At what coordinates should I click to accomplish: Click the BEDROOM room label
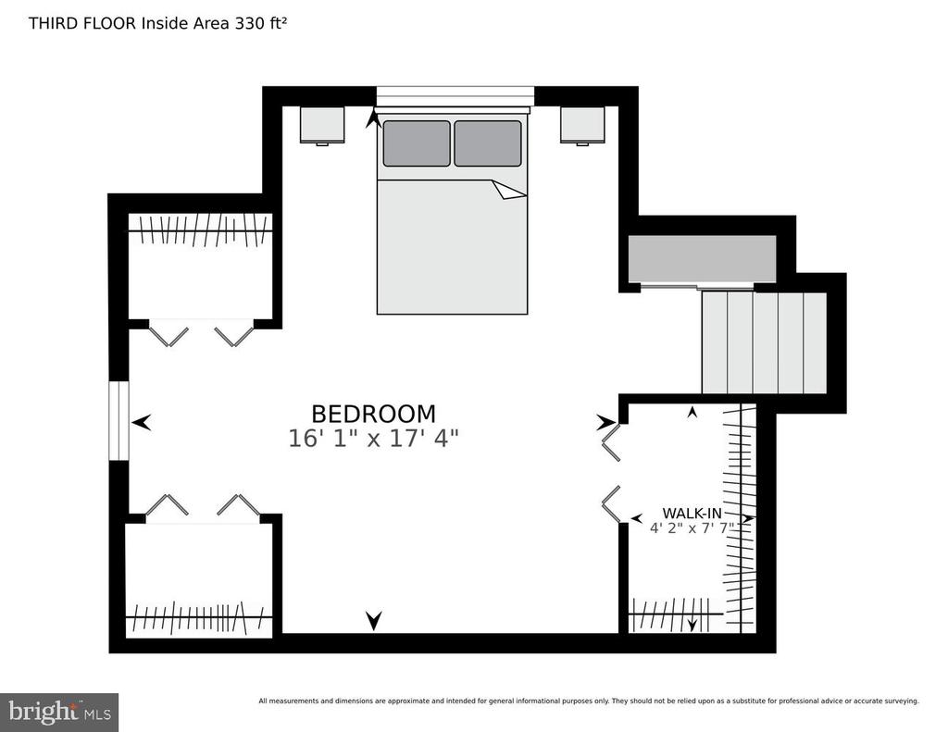(x=373, y=414)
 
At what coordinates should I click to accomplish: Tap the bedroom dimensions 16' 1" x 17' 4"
(x=373, y=439)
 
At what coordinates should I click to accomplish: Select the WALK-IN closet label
(x=692, y=514)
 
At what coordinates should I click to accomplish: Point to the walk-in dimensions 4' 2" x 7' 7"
(x=692, y=528)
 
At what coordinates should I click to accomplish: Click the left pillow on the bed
(x=417, y=143)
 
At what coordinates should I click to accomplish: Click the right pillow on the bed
(x=487, y=143)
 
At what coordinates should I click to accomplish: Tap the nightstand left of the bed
(x=322, y=126)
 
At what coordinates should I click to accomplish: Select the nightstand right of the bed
(x=582, y=126)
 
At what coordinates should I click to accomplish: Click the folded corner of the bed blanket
(x=509, y=189)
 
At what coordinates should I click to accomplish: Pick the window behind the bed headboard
(x=455, y=96)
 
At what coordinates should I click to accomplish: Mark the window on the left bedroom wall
(x=119, y=421)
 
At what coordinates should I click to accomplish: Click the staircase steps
(x=764, y=342)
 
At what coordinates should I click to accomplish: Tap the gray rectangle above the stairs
(x=702, y=259)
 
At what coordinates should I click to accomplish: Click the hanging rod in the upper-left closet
(x=200, y=230)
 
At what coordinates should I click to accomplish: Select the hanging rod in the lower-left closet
(x=199, y=617)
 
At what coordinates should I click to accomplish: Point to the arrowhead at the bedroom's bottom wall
(x=374, y=620)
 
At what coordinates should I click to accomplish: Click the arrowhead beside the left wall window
(x=142, y=423)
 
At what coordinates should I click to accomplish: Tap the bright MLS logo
(x=59, y=712)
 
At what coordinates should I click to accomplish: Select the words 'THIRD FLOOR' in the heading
(x=82, y=23)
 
